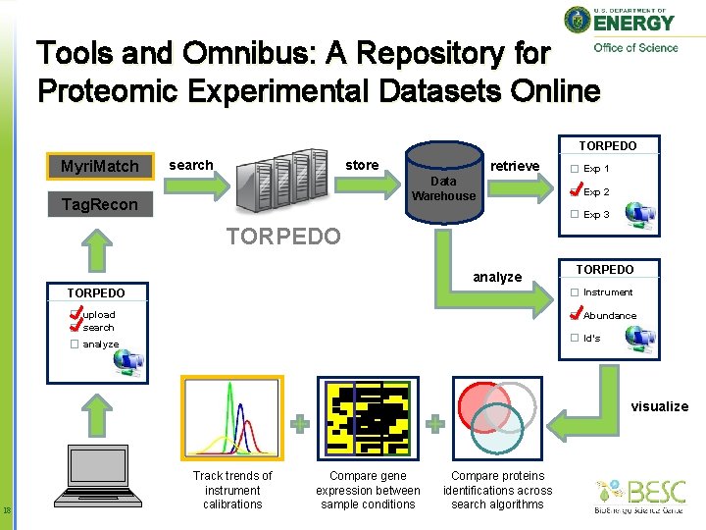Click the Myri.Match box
click(x=100, y=166)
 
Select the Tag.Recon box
click(x=100, y=204)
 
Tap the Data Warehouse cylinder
click(x=443, y=186)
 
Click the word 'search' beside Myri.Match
click(x=190, y=165)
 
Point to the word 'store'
click(x=362, y=165)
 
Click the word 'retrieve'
click(x=515, y=166)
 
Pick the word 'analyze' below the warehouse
click(x=497, y=277)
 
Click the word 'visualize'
click(x=659, y=406)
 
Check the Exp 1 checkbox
click(x=576, y=169)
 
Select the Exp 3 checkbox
click(x=576, y=215)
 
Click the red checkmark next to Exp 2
click(x=576, y=190)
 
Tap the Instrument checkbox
click(x=576, y=292)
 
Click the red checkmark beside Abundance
click(x=576, y=315)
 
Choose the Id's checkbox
click(x=576, y=339)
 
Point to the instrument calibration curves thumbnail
click(x=232, y=418)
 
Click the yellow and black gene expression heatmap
click(x=368, y=418)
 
